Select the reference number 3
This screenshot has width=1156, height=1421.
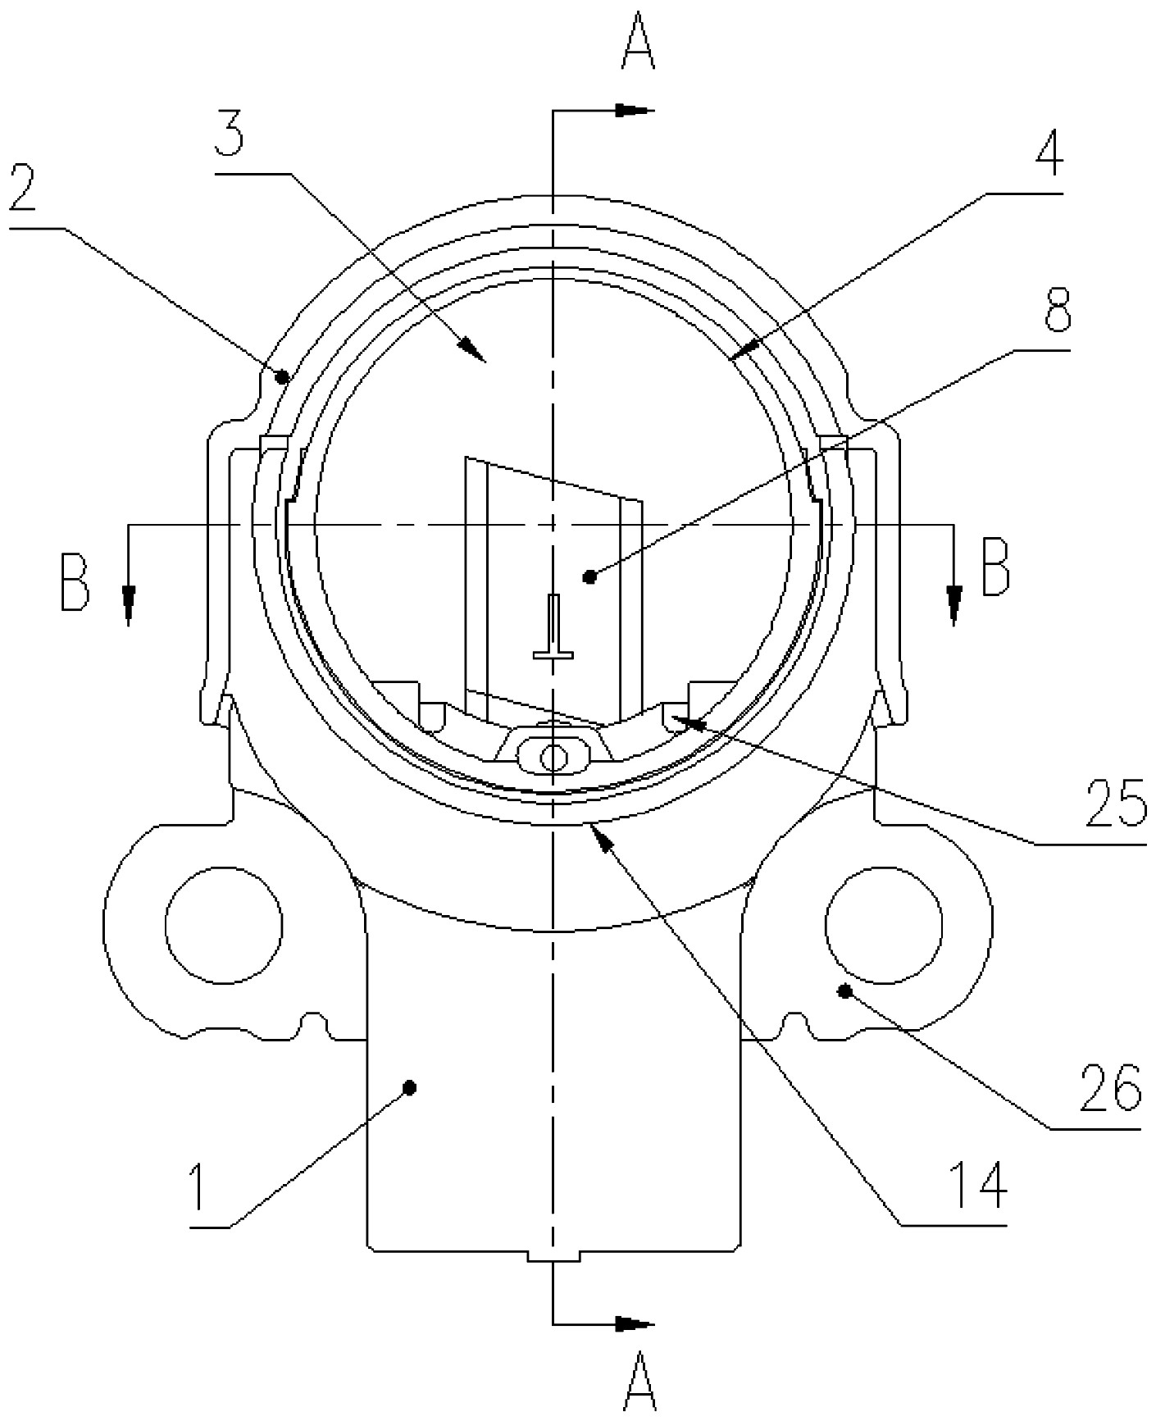229,138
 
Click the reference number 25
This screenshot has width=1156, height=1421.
1116,803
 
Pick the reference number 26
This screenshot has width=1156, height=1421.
1110,1087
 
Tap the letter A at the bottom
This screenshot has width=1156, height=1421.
639,1387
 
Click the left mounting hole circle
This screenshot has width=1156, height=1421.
224,924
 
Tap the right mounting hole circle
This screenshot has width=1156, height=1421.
884,924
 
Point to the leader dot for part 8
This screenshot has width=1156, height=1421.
589,578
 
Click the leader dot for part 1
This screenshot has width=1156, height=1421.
411,1087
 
